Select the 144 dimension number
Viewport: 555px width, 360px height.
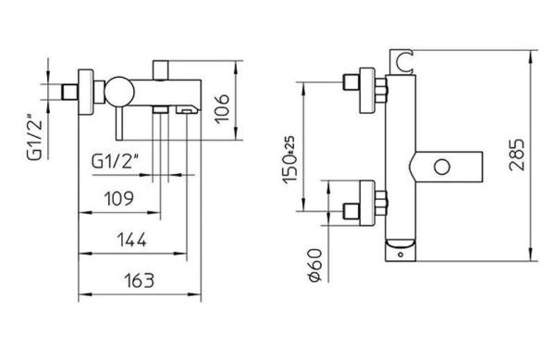(133, 240)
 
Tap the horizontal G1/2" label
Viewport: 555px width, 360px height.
(117, 158)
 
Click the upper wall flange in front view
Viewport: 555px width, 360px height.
(377, 91)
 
